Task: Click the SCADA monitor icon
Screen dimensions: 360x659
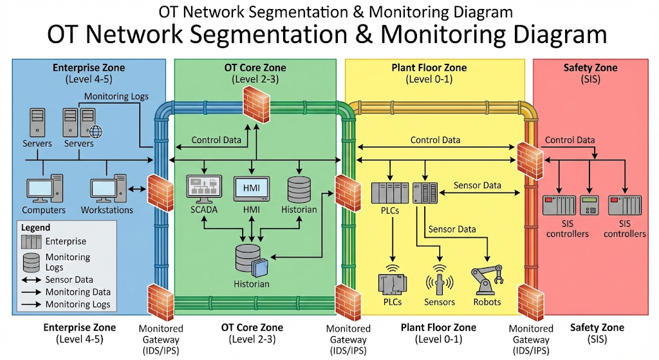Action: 204,188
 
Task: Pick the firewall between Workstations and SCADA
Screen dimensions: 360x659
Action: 157,189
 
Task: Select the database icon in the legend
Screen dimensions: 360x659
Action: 31,261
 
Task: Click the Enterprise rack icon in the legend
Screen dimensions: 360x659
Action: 31,242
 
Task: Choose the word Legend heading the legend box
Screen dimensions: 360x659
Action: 35,228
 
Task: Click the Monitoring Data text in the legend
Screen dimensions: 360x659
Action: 78,292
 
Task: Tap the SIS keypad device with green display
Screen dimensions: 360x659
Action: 589,205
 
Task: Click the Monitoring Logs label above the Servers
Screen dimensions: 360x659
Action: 116,97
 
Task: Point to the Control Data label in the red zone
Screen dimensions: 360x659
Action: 570,140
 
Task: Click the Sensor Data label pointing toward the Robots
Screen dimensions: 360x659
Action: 452,229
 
